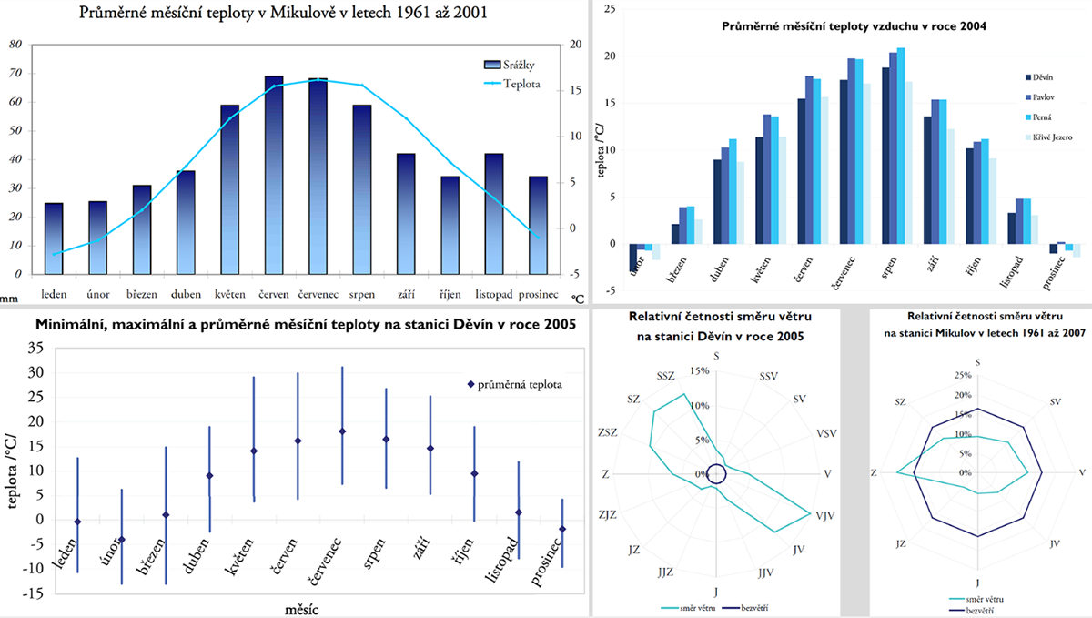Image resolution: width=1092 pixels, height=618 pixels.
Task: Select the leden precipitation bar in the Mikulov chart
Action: coord(54,238)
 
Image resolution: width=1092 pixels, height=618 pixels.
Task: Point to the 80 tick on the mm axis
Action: coord(16,45)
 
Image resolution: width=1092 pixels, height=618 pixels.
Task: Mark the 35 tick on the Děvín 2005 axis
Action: coord(36,348)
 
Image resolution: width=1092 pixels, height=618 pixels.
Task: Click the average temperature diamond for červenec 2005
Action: coord(341,431)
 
